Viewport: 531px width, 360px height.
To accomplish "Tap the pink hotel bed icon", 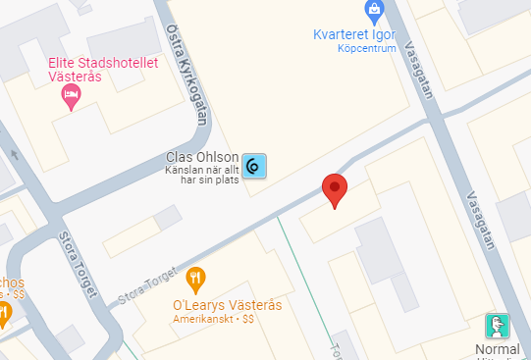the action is [x=71, y=95].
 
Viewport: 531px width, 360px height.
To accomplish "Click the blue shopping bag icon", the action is [x=373, y=12].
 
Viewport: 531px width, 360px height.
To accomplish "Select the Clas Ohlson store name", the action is [x=202, y=157].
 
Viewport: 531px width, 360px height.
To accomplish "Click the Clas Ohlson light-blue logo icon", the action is [x=254, y=168].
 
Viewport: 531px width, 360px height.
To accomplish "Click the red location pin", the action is [x=335, y=188].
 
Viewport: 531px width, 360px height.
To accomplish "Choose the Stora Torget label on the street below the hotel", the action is [x=79, y=264].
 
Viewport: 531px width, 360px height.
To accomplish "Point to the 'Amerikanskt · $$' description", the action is [x=213, y=320].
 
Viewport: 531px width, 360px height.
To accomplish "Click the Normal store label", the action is [x=497, y=349].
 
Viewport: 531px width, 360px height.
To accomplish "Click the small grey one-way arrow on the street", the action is [x=14, y=154].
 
